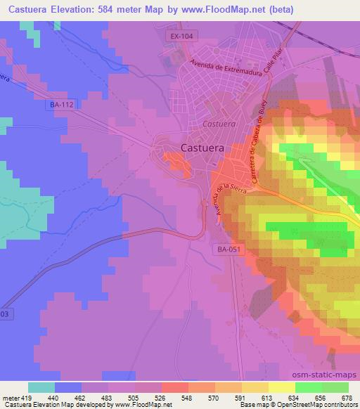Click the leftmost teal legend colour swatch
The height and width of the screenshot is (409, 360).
click(x=41, y=387)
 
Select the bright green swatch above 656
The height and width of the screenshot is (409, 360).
click(x=309, y=387)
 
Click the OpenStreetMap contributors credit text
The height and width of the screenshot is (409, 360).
click(x=316, y=405)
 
